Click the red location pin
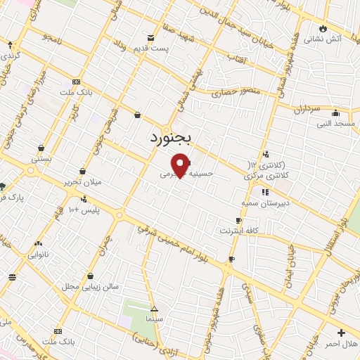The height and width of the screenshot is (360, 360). pyautogui.click(x=181, y=165)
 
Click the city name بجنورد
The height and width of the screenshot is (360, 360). pyautogui.click(x=169, y=137)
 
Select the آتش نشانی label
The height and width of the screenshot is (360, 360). pyautogui.click(x=323, y=39)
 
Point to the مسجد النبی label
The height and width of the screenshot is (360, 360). pyautogui.click(x=336, y=123)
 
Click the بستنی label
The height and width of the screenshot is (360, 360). pyautogui.click(x=41, y=159)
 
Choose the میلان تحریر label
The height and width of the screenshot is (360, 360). pyautogui.click(x=83, y=181)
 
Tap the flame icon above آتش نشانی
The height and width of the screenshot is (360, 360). pyautogui.click(x=323, y=28)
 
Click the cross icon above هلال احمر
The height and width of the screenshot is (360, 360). pyautogui.click(x=342, y=333)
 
